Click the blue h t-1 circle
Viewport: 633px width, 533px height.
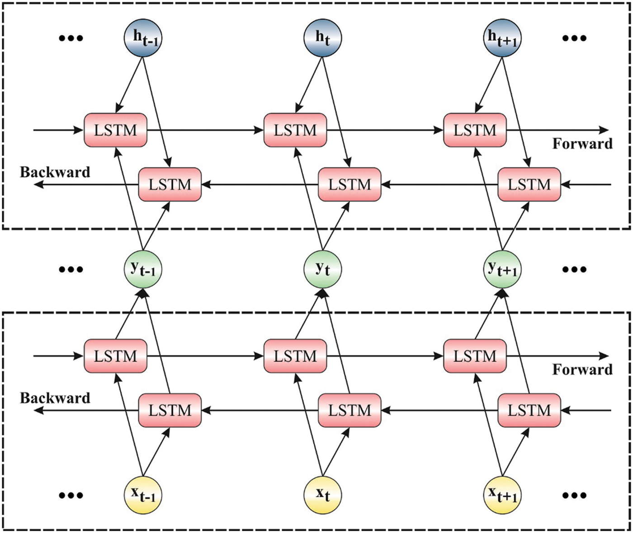coord(142,38)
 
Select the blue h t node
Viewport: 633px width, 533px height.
coord(322,38)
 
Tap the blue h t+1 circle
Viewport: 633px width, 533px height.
coord(502,38)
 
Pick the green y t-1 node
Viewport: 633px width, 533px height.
coord(142,270)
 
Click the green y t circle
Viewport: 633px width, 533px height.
coord(322,270)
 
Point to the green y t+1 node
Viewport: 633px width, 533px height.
coord(502,270)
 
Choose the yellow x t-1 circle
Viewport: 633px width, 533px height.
coord(142,495)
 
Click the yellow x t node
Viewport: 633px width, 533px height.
coord(322,495)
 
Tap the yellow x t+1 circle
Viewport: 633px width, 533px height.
coord(502,495)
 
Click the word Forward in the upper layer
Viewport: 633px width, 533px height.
coord(582,144)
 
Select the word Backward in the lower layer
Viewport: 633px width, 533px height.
coord(55,398)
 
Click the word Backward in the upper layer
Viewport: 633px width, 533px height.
coord(55,172)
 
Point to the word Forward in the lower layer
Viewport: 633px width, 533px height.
coord(582,370)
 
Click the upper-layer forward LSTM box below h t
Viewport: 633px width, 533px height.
coord(295,130)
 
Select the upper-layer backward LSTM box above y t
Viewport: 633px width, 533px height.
coord(350,185)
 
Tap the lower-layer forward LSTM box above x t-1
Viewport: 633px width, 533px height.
coord(116,356)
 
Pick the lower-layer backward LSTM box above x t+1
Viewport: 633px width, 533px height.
coord(529,410)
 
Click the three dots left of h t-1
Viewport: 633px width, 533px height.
coord(71,38)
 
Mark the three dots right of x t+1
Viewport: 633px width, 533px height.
coord(574,495)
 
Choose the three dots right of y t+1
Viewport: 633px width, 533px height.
coord(574,270)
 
